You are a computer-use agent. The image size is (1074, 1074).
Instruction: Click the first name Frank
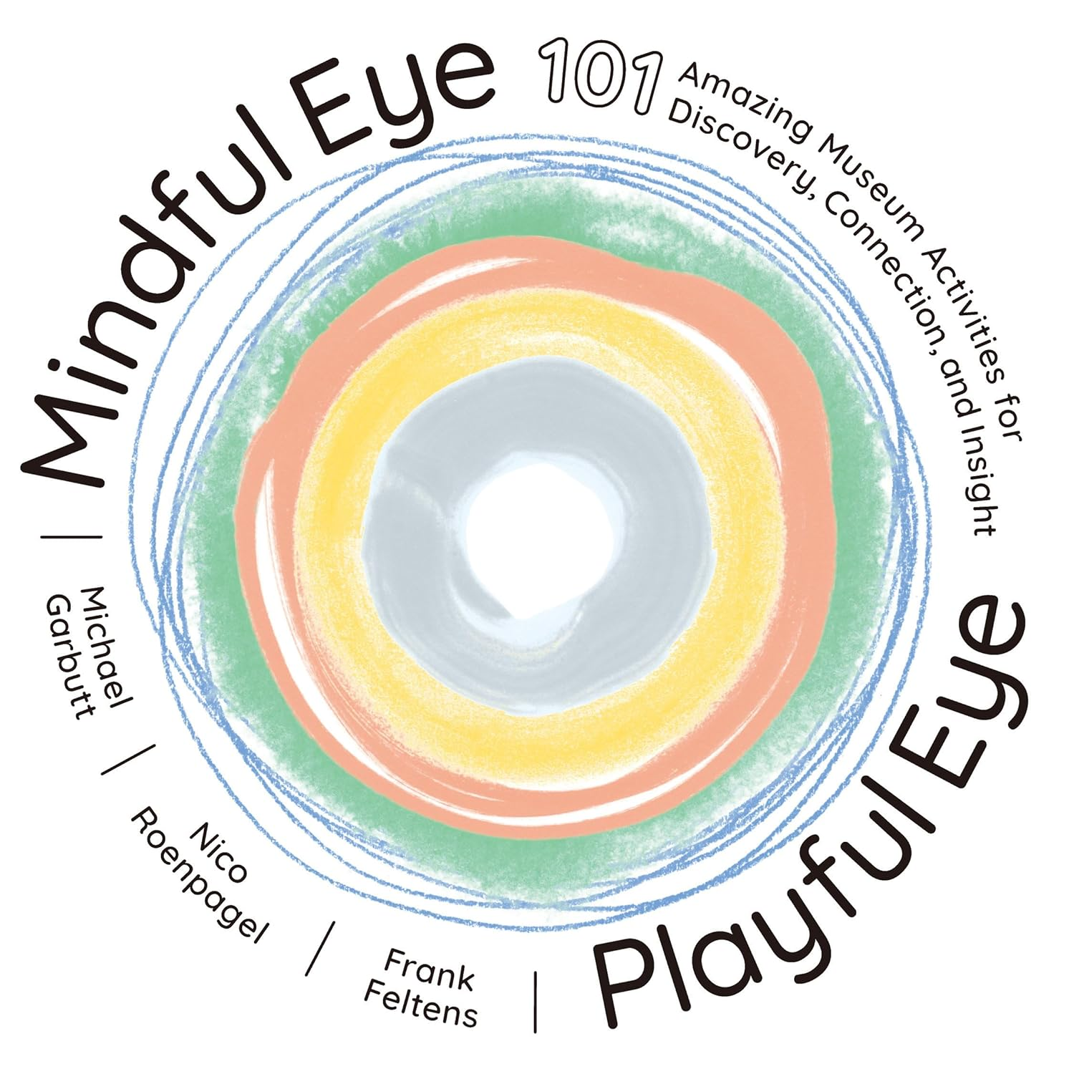point(430,970)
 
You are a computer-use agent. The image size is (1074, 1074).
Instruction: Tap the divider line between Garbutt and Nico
point(129,759)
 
